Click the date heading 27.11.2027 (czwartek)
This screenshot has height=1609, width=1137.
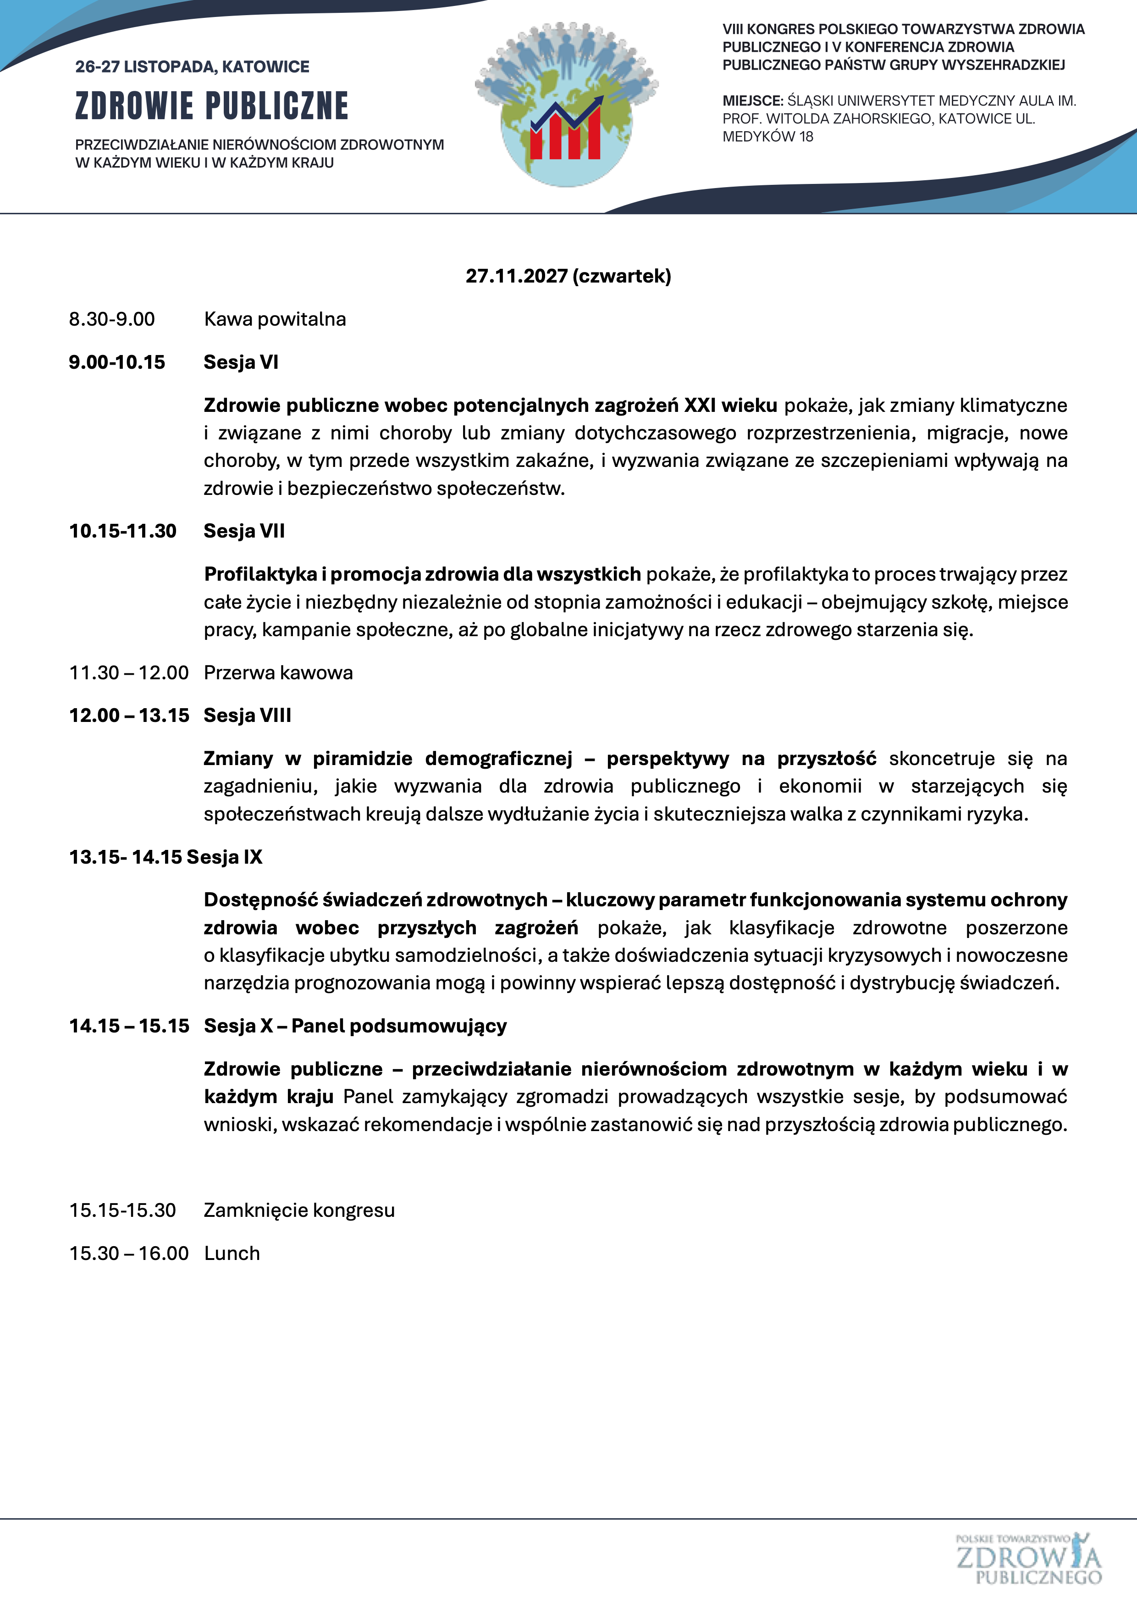568,276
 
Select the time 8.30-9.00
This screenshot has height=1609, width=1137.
112,320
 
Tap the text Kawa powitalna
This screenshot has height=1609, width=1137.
275,320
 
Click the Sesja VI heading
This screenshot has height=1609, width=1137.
241,362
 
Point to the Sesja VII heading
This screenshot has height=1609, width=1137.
244,531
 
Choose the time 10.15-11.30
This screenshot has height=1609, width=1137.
122,531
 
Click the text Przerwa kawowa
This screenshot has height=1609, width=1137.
278,673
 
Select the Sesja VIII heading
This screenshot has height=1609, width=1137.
247,716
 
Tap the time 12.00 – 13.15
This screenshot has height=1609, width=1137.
129,716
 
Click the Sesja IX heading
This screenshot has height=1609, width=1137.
224,857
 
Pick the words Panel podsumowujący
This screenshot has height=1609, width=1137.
398,1026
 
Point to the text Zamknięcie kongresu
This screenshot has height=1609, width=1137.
299,1210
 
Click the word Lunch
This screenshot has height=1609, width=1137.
232,1253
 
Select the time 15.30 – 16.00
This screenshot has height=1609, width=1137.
129,1253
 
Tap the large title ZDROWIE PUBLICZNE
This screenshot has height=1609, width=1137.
211,106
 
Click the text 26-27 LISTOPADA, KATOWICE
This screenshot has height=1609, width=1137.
192,67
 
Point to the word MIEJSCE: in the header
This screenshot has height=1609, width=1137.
752,101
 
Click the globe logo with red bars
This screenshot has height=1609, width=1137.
567,105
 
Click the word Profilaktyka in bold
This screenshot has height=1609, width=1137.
260,575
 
